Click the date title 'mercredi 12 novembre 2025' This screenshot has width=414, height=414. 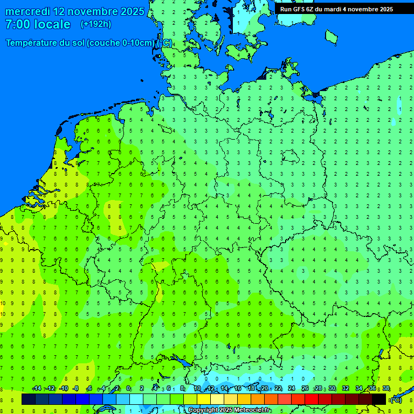(74, 11)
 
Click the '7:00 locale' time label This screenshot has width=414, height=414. (38, 24)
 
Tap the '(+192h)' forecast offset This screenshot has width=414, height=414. (95, 24)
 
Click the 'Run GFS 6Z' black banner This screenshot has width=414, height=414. (336, 9)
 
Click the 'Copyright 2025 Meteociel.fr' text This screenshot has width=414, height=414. (229, 410)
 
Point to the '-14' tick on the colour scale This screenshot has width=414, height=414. (37, 389)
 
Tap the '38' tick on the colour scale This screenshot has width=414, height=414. (386, 389)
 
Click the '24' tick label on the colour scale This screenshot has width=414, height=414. (292, 389)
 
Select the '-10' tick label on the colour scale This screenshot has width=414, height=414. (63, 389)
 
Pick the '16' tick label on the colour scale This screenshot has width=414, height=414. (238, 389)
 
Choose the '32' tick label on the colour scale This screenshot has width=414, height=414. (346, 389)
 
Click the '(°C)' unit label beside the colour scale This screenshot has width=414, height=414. (396, 400)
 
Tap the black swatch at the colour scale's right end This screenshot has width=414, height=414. (379, 399)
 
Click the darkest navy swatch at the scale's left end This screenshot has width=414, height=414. (29, 399)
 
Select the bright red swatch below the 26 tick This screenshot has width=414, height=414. (312, 399)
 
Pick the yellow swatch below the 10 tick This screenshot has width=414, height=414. (204, 399)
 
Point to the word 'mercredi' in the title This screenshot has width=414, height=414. (27, 11)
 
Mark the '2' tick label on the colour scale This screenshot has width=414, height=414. (142, 389)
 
